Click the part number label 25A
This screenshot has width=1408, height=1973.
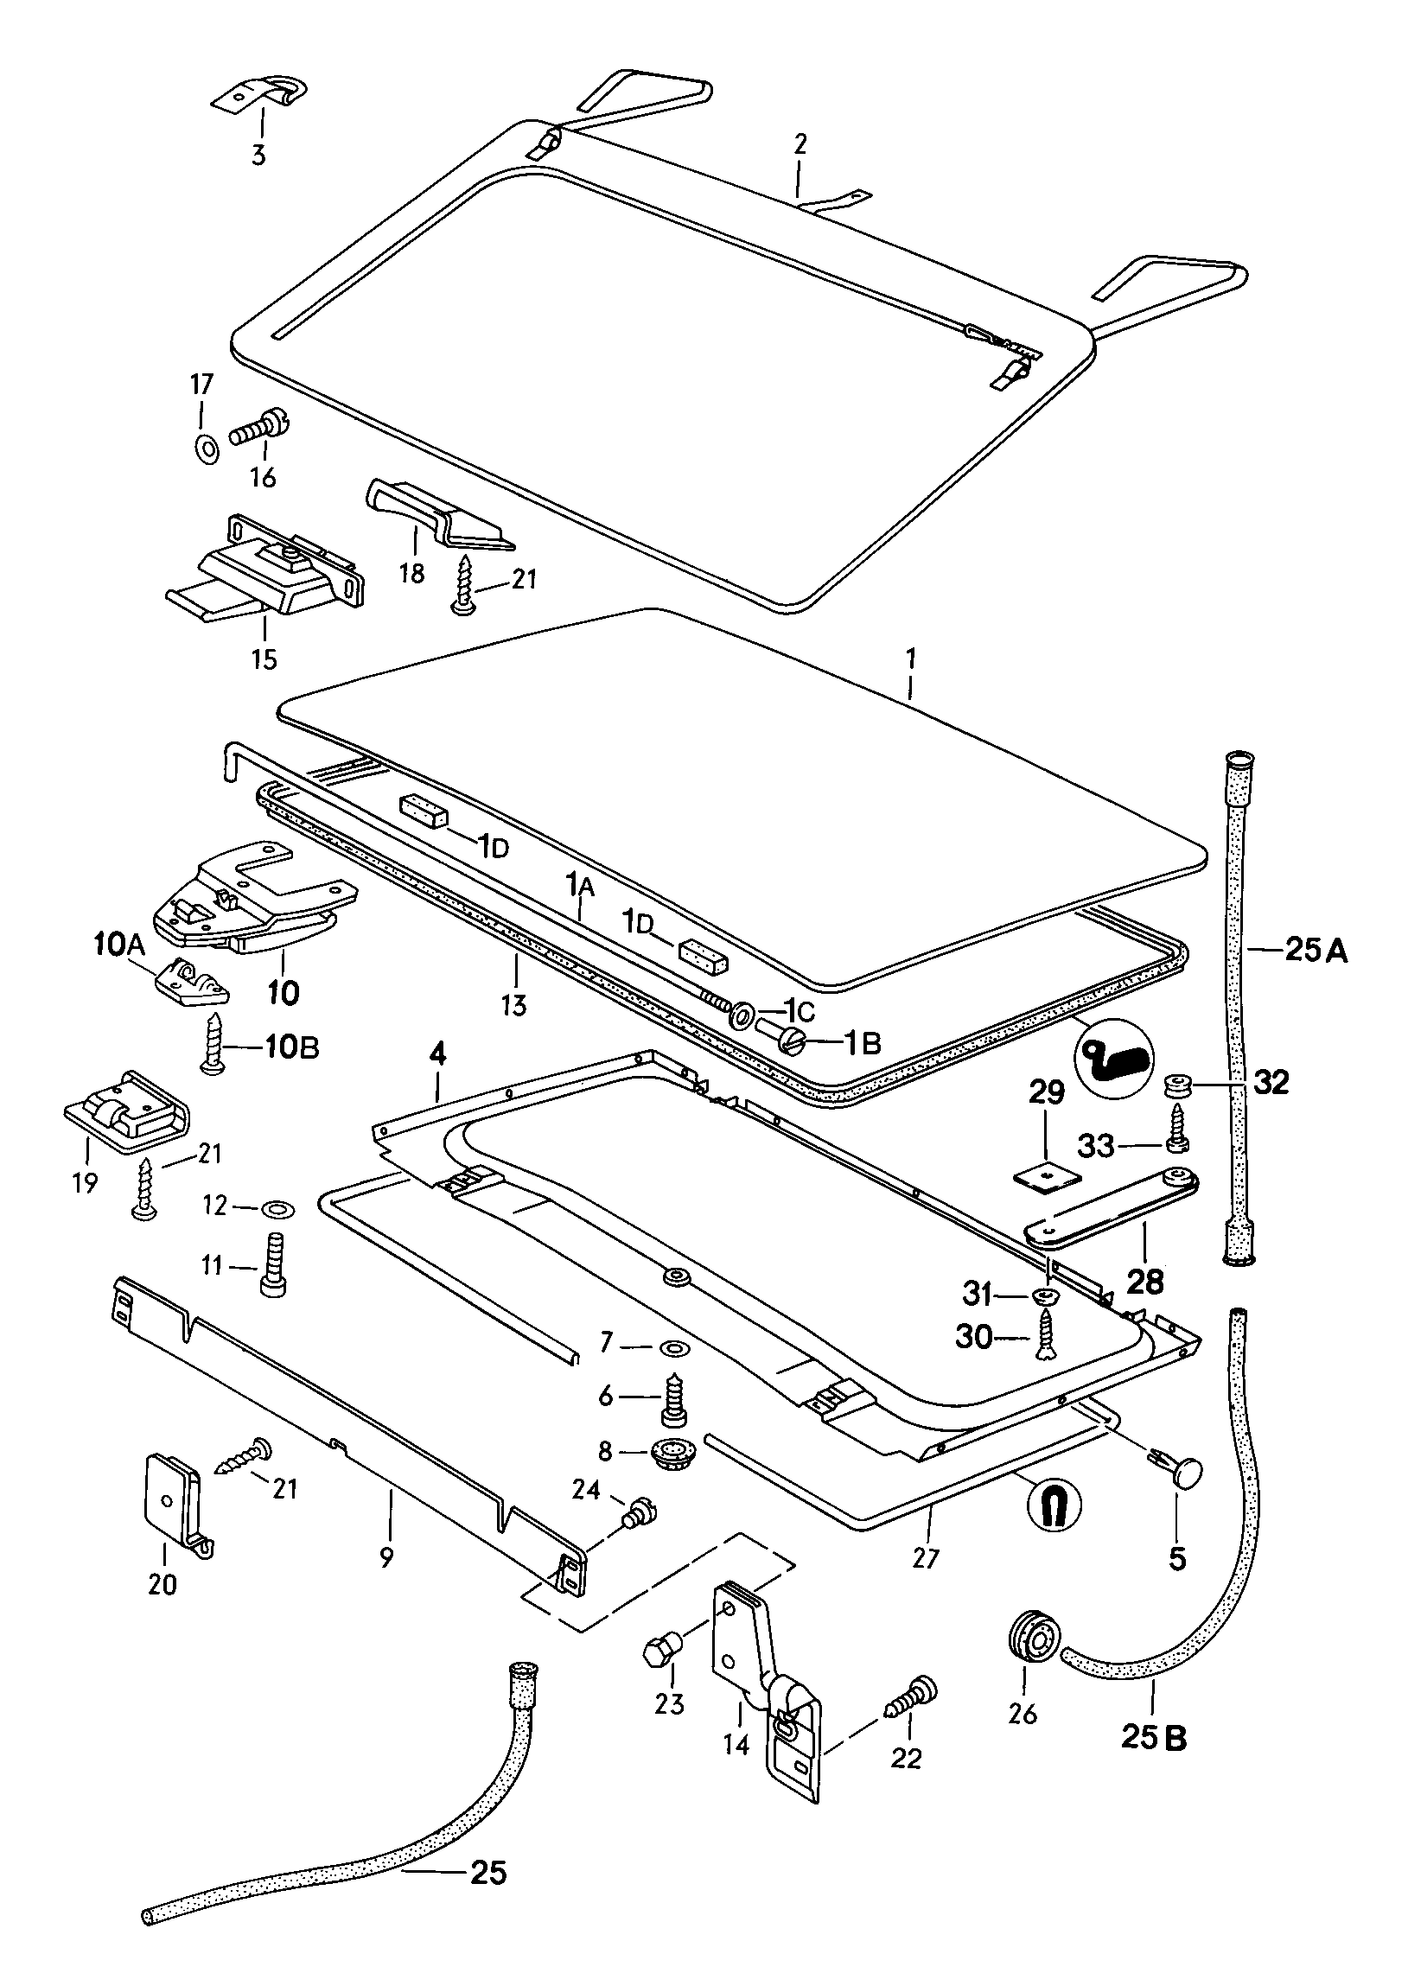pyautogui.click(x=1316, y=951)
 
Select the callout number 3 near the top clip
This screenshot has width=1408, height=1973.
pyautogui.click(x=258, y=156)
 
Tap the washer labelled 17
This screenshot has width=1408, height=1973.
pyautogui.click(x=206, y=450)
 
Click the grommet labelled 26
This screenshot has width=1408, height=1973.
pyautogui.click(x=1030, y=1649)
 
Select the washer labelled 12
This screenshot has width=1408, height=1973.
pyautogui.click(x=277, y=1207)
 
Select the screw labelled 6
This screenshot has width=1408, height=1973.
pyautogui.click(x=673, y=1397)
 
